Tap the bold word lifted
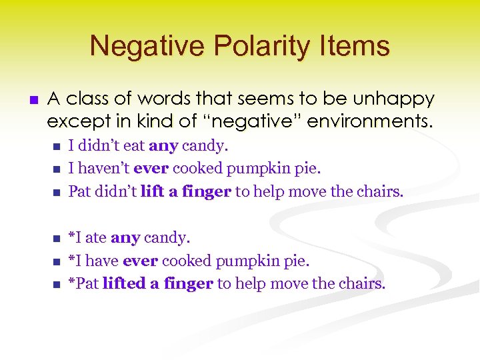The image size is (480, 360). click(x=124, y=284)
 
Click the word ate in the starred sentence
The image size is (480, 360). click(x=95, y=237)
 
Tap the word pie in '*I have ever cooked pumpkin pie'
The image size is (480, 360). click(x=298, y=261)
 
